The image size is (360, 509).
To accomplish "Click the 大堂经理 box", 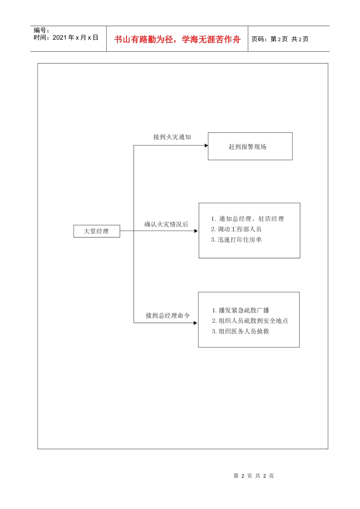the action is tap(97, 231).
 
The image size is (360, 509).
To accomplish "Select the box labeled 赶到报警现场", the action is tap(250, 147).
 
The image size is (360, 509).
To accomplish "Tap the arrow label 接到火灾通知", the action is tap(172, 137).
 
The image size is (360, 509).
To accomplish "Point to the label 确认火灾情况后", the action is tap(166, 224).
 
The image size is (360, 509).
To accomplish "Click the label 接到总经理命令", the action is tap(167, 315).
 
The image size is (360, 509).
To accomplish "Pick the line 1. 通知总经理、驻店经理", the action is tap(247, 219).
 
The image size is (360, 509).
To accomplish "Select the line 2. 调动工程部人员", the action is tap(236, 229).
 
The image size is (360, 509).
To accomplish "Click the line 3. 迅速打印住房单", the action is tap(236, 240).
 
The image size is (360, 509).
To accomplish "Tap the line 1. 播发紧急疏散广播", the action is tap(241, 311).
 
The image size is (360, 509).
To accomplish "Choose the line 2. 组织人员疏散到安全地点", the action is tap(250, 321).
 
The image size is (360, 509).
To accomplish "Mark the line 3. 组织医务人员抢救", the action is tap(241, 331).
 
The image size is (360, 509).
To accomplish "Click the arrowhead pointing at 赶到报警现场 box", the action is tap(206, 145).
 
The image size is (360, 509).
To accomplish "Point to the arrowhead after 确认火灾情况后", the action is tap(196, 231).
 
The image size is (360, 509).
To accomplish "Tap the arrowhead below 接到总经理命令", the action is tap(196, 323).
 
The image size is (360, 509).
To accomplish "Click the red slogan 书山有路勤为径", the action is tap(144, 39).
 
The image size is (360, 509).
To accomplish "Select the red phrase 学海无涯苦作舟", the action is tap(211, 39).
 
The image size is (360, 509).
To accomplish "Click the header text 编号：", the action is tap(41, 30).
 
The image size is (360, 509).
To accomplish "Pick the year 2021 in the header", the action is tap(59, 37).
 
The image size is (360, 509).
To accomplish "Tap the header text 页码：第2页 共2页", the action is tap(280, 39).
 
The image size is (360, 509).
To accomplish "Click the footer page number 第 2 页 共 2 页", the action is tap(254, 476).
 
